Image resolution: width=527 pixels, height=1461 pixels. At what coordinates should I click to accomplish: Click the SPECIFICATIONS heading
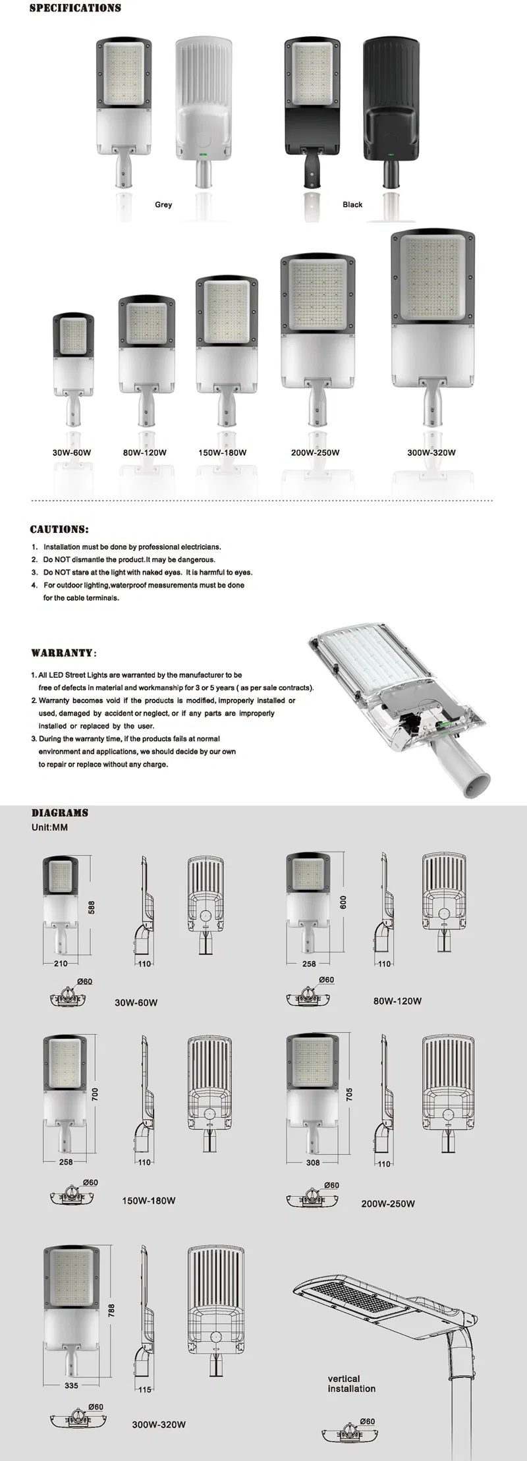pos(75,9)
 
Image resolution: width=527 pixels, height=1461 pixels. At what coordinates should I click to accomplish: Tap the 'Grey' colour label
pos(163,205)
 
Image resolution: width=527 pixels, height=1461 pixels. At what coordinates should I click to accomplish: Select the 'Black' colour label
pos(352,205)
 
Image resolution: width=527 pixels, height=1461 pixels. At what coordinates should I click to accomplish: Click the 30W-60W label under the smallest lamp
pos(72,453)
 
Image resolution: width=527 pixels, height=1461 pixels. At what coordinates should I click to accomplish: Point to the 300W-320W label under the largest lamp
pos(431,453)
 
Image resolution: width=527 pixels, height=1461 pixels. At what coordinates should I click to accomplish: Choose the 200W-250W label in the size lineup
pos(316,453)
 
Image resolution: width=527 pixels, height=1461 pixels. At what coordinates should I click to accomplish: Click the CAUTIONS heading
pos(59,530)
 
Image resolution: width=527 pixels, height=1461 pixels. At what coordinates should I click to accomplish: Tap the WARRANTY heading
pos(63,653)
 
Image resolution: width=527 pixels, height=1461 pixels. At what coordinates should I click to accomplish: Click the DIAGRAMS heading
pos(60,813)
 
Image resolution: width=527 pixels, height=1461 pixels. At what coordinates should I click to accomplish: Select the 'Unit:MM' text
pos(49,827)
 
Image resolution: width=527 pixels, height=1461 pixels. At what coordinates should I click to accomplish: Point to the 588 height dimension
pos(92,908)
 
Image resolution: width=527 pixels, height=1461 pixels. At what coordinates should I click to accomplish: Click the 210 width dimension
pos(61,964)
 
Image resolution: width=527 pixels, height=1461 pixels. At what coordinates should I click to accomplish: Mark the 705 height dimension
pos(349,1094)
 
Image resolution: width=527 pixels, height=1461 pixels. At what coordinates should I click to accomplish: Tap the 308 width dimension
pos(313,1163)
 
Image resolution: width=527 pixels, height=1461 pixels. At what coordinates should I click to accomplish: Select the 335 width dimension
pos(71,1385)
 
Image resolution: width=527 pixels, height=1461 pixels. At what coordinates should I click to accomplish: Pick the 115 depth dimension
pos(145,1389)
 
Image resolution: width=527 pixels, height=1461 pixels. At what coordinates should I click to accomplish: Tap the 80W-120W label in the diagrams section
pos(397,1001)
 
